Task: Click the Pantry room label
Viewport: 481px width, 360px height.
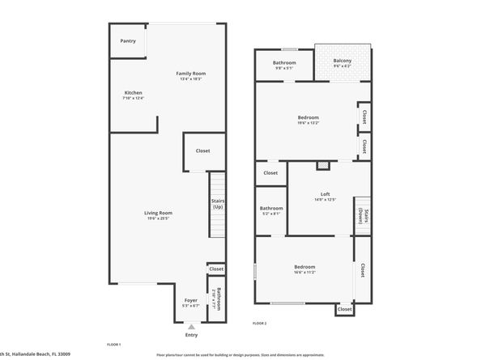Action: (127, 40)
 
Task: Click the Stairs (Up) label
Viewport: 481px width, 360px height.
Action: (217, 203)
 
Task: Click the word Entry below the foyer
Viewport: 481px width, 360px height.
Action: (191, 335)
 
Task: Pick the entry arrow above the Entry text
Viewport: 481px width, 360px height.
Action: (191, 326)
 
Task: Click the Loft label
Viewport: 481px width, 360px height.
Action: (325, 193)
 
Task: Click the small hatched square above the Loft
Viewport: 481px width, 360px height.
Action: (322, 166)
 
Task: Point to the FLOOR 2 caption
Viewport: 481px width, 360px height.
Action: (260, 323)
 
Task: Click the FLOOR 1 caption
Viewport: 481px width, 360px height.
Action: (114, 345)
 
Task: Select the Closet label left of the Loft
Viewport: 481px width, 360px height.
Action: (270, 172)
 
